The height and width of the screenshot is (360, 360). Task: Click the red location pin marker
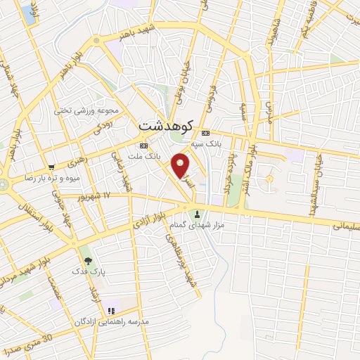181,165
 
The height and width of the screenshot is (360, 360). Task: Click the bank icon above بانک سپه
205,133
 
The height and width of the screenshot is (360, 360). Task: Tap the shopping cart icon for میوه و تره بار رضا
51,167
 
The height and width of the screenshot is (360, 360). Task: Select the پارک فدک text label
89,271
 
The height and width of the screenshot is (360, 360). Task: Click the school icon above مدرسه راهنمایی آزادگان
110,311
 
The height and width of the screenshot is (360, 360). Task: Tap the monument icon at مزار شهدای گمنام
197,214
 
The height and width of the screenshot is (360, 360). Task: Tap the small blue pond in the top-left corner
27,13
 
